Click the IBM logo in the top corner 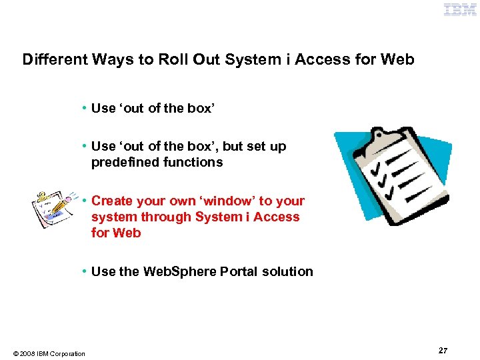[461, 10]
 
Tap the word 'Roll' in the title [173, 59]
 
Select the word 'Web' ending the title [397, 59]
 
